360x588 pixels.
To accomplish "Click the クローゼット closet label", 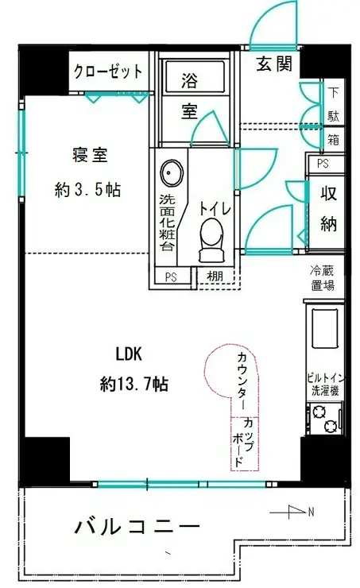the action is coord(108,71).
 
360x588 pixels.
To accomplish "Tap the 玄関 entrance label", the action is coord(274,64).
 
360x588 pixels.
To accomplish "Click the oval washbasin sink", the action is coord(172,173).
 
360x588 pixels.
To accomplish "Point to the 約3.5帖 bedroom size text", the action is coord(87,190).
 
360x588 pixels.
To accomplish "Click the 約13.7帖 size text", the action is coord(134,384).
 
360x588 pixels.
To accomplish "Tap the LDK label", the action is coord(129,354).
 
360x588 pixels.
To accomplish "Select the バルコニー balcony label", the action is coord(137,528).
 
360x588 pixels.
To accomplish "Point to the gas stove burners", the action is coord(325,420).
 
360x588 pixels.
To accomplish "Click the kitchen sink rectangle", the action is coord(325,328).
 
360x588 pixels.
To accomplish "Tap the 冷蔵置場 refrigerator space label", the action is coord(323,278).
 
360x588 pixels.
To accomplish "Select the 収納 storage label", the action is coord(328,208).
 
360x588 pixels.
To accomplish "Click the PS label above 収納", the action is coord(323,164).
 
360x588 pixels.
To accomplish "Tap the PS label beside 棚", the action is coord(171,277).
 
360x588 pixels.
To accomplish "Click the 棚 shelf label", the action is coord(215,277).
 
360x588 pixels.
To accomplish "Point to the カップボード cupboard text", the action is coord(243,443).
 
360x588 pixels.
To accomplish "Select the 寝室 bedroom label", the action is coord(90,155).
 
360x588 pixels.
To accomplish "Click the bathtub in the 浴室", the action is coord(195,76).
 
